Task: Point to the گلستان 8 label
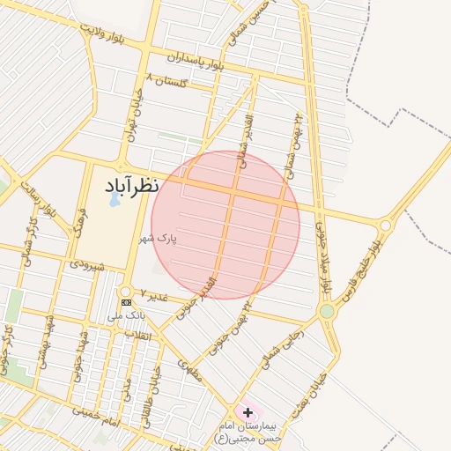click(170, 80)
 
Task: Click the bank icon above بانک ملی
click(126, 302)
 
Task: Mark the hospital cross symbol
click(248, 412)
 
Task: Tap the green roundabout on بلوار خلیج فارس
click(328, 311)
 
